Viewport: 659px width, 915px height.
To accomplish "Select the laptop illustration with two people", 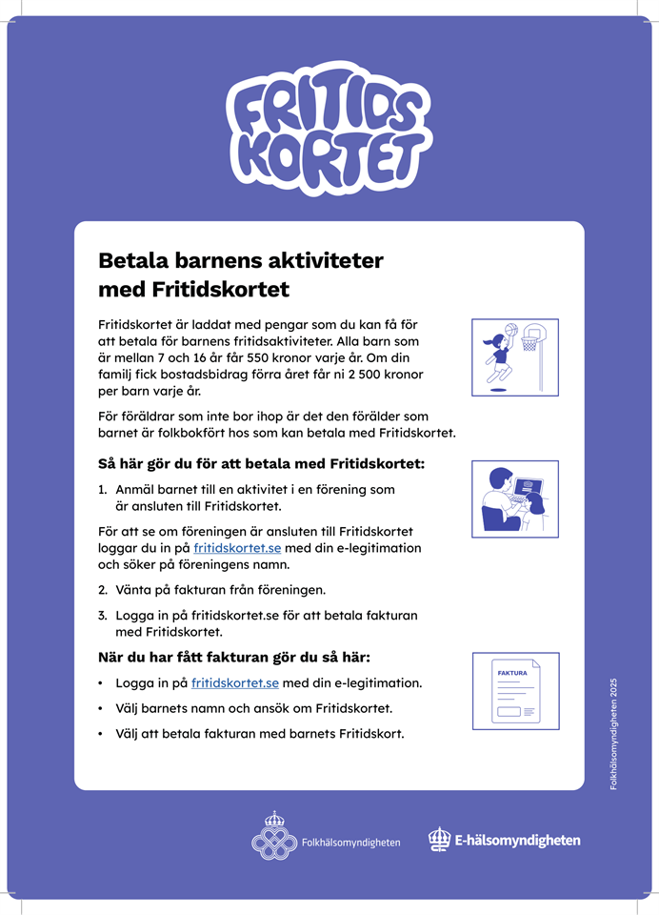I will click(515, 498).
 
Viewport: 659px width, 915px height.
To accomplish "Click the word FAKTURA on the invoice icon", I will click(512, 673).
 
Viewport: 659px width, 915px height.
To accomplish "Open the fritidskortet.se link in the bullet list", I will click(234, 683).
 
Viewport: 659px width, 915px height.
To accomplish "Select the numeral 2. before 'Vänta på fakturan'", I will click(103, 590).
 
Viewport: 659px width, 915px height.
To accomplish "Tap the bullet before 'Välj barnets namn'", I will click(101, 709).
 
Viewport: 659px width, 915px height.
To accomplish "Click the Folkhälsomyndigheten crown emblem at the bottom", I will click(274, 835).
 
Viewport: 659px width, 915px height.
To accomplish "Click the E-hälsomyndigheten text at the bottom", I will click(517, 841).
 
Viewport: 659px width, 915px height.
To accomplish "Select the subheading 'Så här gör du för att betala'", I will click(262, 464).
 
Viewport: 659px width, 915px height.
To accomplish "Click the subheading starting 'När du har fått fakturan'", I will click(234, 658).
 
